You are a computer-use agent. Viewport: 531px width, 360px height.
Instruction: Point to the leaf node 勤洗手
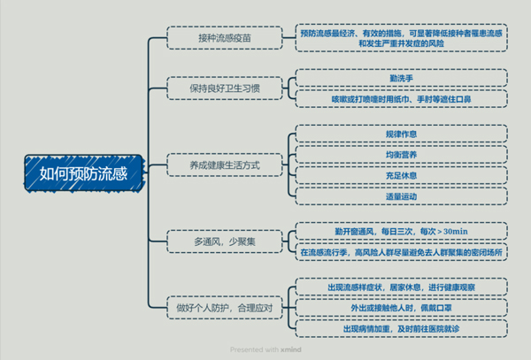coord(402,78)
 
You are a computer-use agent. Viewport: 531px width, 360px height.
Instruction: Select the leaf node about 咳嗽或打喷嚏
coord(402,98)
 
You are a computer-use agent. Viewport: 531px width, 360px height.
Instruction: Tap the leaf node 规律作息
coord(402,134)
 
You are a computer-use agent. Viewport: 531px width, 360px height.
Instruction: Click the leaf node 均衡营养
coord(402,154)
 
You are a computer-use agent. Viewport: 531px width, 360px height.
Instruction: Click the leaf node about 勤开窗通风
coord(402,231)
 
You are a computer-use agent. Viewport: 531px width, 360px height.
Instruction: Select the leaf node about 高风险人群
coord(402,251)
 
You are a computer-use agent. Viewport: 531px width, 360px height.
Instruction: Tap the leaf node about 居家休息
coord(402,287)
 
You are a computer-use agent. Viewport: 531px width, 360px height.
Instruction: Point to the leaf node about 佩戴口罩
coord(402,308)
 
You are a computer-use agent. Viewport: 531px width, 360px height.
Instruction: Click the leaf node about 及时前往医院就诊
coord(402,328)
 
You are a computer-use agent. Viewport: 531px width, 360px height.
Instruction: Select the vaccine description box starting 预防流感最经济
coord(402,38)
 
